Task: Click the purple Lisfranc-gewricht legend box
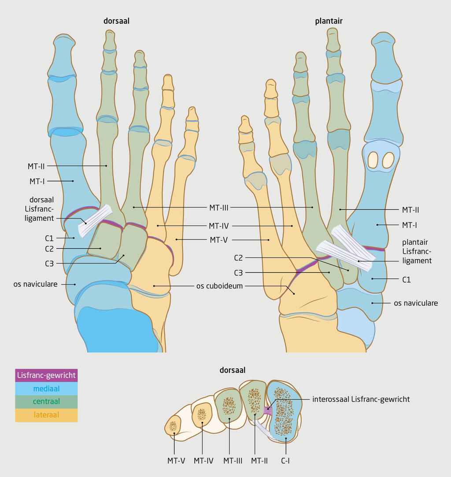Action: (46, 375)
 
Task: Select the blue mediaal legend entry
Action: (46, 389)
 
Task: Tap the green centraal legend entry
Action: (46, 401)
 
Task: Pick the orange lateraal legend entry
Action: (46, 415)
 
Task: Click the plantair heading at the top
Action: (329, 21)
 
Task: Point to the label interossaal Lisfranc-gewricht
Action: (361, 399)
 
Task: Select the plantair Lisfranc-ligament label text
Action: (417, 251)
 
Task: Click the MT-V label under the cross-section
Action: (176, 461)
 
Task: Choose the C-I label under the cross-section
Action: (286, 461)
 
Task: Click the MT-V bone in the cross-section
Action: (173, 426)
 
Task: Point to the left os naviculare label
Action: (35, 284)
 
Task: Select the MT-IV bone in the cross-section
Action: (202, 414)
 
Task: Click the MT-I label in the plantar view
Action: (409, 225)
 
